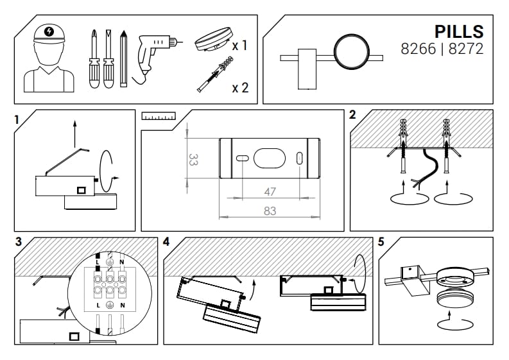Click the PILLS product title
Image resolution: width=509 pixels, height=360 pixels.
click(x=458, y=31)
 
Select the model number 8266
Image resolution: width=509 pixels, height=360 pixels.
click(x=418, y=49)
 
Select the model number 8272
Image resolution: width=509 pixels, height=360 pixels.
click(x=466, y=49)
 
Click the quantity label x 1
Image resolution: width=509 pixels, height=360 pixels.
click(x=240, y=46)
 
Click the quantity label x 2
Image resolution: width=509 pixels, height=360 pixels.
click(x=240, y=87)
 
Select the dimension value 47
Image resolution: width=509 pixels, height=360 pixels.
click(x=270, y=191)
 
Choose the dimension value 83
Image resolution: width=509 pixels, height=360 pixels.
click(x=270, y=210)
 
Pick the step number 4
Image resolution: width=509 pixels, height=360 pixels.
click(x=166, y=243)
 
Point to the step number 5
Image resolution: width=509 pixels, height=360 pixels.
click(x=381, y=243)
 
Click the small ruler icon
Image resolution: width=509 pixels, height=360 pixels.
click(x=159, y=116)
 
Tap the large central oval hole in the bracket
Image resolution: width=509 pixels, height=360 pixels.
click(x=270, y=158)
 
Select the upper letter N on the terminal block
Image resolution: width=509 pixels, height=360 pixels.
click(x=121, y=263)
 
